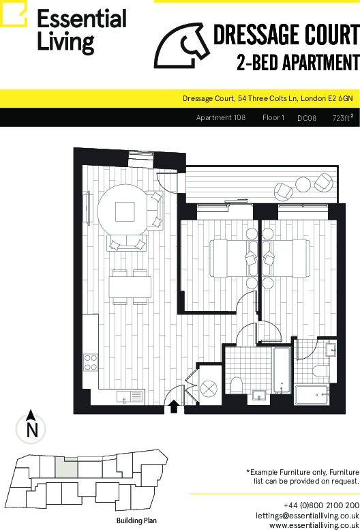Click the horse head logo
pyautogui.click(x=181, y=46)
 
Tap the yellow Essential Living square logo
pyautogui.click(x=14, y=14)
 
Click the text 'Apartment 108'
pyautogui.click(x=220, y=117)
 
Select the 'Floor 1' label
pyautogui.click(x=273, y=117)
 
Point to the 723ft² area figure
pyautogui.click(x=343, y=117)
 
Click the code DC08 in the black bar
pyautogui.click(x=307, y=118)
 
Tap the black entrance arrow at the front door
pyautogui.click(x=174, y=407)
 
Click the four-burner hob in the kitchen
pyautogui.click(x=91, y=362)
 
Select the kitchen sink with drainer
pyautogui.click(x=130, y=396)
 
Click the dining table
pyautogui.click(x=130, y=287)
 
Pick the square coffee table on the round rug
pyautogui.click(x=125, y=211)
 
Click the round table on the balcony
pyautogui.click(x=303, y=185)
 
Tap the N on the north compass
pyautogui.click(x=32, y=430)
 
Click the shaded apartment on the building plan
pyautogui.click(x=67, y=468)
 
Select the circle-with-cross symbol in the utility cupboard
pyautogui.click(x=209, y=389)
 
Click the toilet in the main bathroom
pyautogui.click(x=237, y=385)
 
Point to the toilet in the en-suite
pyautogui.click(x=320, y=371)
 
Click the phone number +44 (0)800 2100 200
pyautogui.click(x=321, y=505)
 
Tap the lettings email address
pyautogui.click(x=307, y=516)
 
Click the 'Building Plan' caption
pyautogui.click(x=136, y=520)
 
